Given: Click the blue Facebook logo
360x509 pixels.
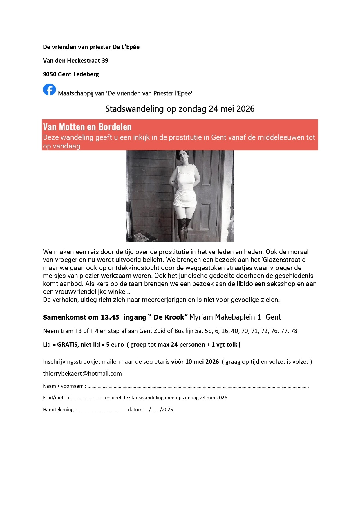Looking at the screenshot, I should tap(49, 90).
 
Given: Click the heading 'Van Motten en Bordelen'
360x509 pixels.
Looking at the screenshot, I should tap(87, 127).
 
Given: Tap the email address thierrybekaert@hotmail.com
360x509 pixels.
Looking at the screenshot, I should tap(82, 374).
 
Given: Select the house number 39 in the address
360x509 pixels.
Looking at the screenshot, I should tap(105, 61).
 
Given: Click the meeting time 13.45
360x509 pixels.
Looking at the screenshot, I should tap(110, 317).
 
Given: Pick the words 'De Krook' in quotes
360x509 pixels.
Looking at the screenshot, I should tap(169, 317).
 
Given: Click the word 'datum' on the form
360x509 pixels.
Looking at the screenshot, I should tap(135, 410).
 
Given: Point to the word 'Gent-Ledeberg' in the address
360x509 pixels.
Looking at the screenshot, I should tap(78, 74).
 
